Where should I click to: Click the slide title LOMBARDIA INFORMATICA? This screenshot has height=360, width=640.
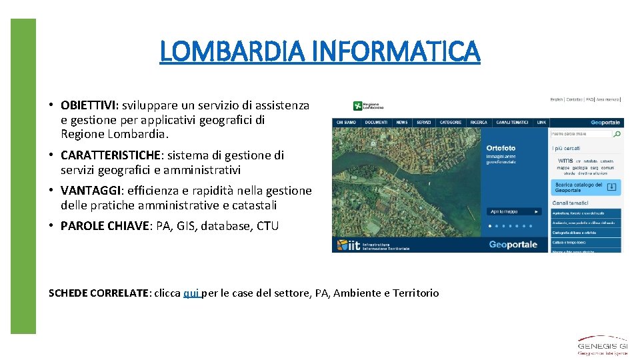tap(319, 51)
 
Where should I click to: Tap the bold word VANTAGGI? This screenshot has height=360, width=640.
tap(87, 191)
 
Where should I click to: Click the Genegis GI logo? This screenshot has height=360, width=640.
tap(602, 346)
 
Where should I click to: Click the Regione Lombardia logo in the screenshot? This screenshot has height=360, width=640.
tap(369, 105)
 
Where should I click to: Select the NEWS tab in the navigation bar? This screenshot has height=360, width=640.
tap(401, 123)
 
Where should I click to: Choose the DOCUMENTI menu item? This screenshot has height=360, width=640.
tap(376, 123)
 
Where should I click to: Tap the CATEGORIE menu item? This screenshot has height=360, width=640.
tap(451, 123)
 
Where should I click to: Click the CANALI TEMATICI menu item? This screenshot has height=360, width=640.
tap(513, 123)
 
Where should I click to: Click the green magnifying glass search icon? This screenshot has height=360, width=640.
tap(617, 134)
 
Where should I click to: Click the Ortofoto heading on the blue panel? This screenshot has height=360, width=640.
tap(501, 148)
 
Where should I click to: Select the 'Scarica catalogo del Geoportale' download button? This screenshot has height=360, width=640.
tap(586, 187)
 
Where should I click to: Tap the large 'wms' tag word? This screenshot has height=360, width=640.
tap(565, 161)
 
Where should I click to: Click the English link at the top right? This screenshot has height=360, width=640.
tap(557, 99)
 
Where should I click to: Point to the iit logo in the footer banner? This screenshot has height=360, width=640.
tap(349, 245)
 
